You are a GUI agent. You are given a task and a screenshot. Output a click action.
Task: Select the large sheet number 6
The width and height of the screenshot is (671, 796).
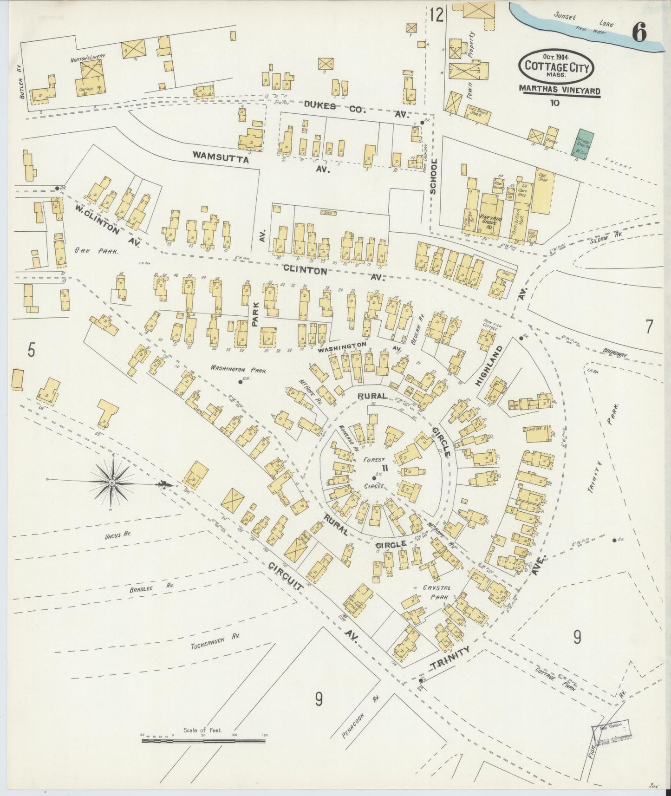tap(639, 33)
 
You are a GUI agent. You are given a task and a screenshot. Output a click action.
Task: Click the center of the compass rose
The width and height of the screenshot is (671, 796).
tap(112, 483)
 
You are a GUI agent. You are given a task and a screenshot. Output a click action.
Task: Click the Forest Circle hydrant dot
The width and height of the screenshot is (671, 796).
tap(374, 478)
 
